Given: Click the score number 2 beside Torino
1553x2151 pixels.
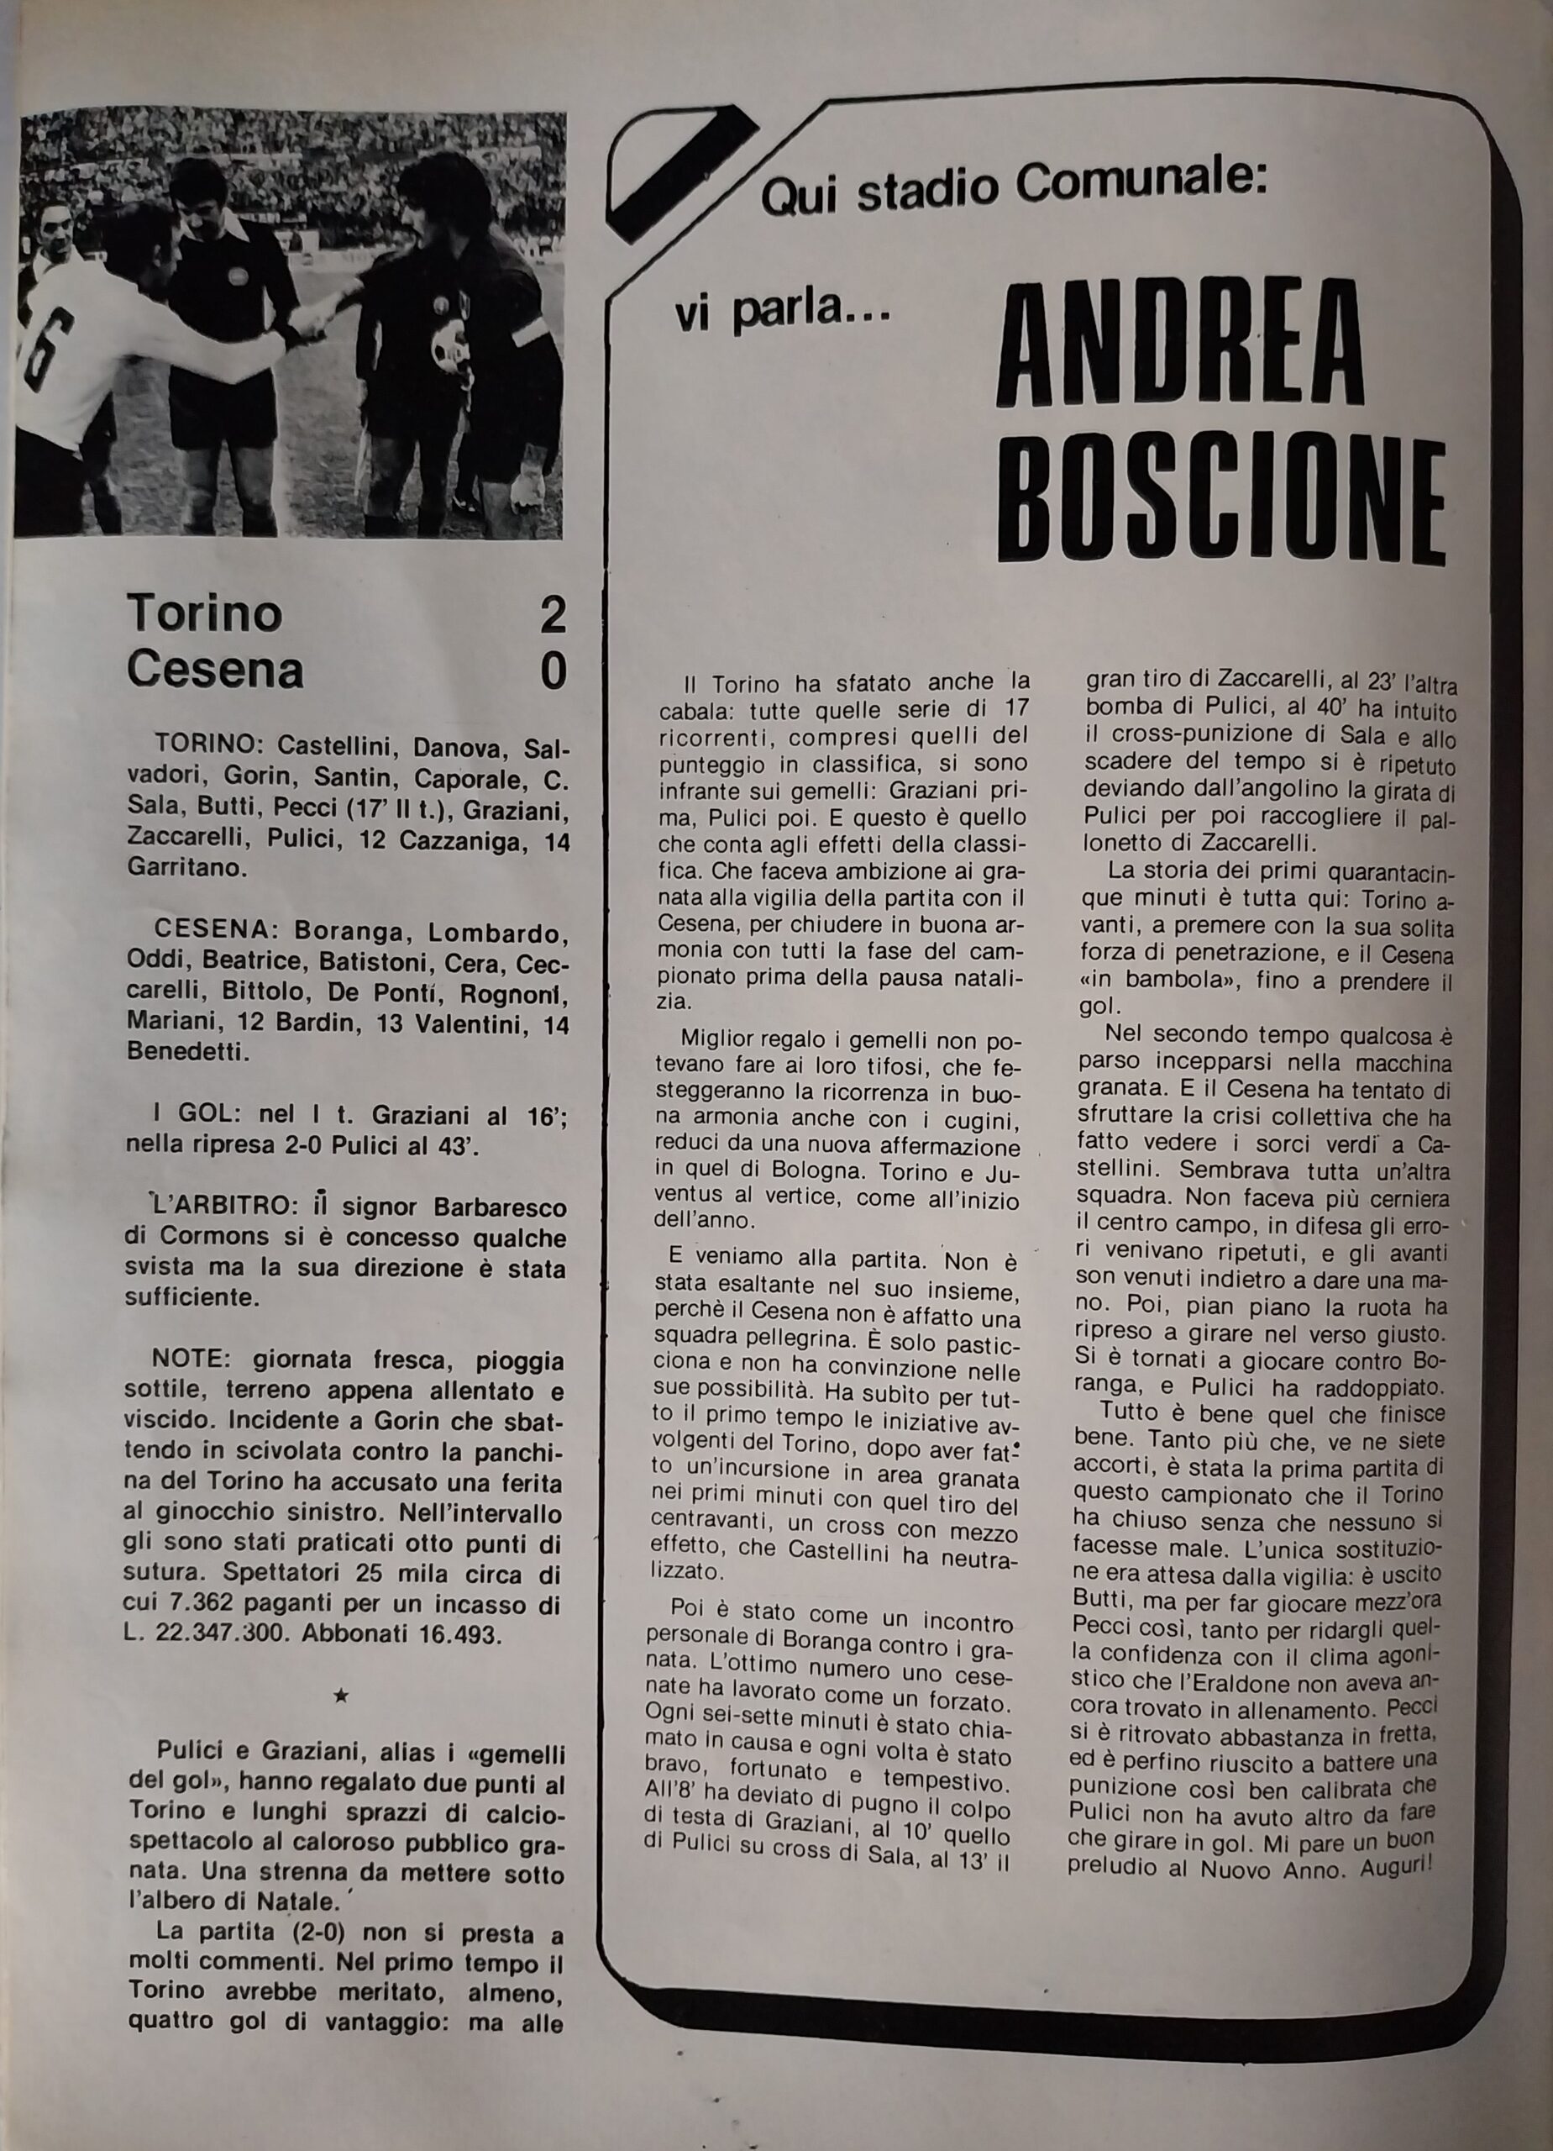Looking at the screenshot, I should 552,614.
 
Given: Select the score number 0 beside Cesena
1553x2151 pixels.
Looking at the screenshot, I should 553,671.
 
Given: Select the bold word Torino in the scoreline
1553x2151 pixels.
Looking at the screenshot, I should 205,613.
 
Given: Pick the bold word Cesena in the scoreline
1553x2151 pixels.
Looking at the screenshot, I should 215,671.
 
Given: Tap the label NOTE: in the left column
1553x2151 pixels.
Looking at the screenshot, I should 176,1362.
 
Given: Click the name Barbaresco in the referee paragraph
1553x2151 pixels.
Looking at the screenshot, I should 500,1209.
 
